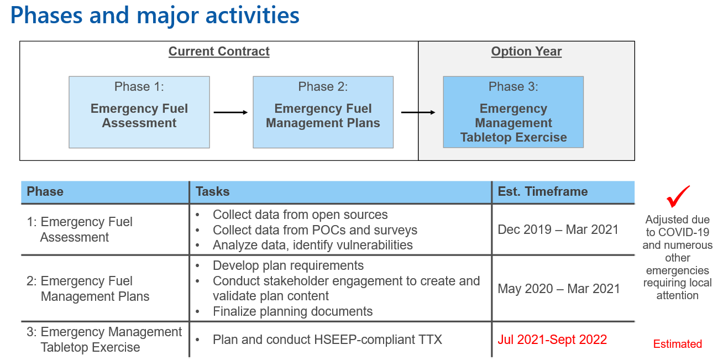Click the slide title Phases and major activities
point(155,15)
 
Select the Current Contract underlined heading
point(219,51)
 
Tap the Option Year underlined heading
point(526,51)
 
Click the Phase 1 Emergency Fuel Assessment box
point(139,112)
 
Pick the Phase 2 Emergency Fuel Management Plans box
point(323,112)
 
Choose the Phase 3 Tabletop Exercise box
point(513,112)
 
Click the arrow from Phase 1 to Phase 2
point(230,112)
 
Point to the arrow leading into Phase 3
point(418,112)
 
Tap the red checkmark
point(678,196)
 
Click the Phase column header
point(45,192)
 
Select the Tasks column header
point(212,192)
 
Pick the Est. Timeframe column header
point(543,192)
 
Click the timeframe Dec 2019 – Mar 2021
point(558,229)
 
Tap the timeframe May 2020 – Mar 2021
point(559,289)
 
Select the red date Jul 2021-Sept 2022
point(552,340)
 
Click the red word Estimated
point(677,344)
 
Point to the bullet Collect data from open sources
point(300,215)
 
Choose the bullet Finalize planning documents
point(292,311)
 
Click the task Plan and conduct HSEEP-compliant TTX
point(327,340)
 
